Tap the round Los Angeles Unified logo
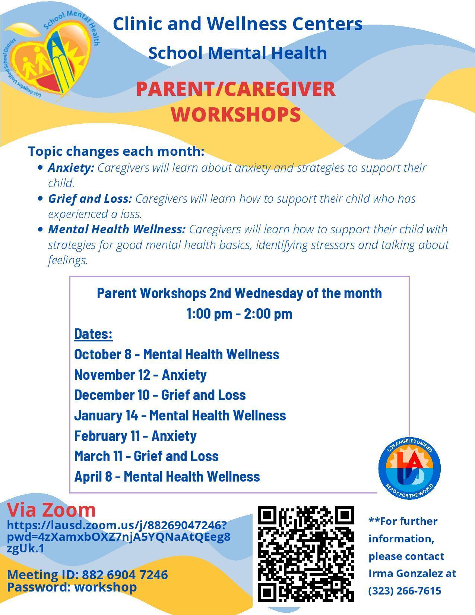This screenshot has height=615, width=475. (x=409, y=469)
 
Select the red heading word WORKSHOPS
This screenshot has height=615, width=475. (x=236, y=114)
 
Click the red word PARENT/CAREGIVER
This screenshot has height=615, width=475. (x=236, y=89)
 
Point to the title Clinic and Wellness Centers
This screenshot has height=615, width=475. (x=238, y=24)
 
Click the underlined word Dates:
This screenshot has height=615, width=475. (x=94, y=334)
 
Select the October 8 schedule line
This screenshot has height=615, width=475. (x=177, y=354)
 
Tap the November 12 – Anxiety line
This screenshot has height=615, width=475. (x=140, y=375)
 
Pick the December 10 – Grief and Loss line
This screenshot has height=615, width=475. (x=160, y=395)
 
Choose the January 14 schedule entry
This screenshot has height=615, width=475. (x=180, y=416)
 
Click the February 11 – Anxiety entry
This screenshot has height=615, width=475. (x=135, y=436)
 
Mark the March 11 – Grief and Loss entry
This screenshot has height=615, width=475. (x=146, y=456)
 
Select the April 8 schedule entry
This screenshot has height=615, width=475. (x=167, y=477)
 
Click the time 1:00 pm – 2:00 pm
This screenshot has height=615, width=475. (x=239, y=314)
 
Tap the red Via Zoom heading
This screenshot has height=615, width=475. (x=51, y=510)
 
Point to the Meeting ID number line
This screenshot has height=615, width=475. (x=88, y=575)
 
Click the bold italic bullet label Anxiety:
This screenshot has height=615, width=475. (x=71, y=168)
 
